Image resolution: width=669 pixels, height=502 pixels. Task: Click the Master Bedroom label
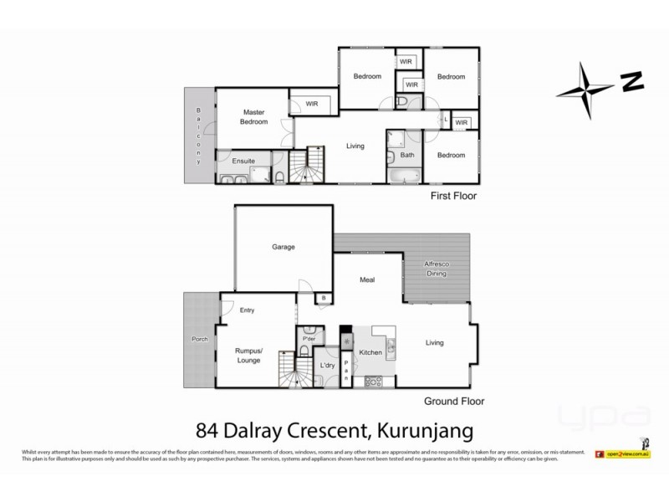coord(254,117)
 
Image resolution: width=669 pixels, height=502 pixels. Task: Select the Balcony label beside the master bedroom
coord(199,137)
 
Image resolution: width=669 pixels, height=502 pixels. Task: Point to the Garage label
coord(284,248)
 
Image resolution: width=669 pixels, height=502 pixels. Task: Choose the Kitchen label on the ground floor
coord(371,353)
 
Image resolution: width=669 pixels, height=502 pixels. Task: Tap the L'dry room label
coord(328,366)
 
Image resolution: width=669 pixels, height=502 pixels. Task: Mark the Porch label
coord(200,340)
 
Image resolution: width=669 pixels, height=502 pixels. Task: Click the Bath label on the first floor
coord(408,155)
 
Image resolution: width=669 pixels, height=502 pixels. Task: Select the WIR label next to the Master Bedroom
coord(312,105)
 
